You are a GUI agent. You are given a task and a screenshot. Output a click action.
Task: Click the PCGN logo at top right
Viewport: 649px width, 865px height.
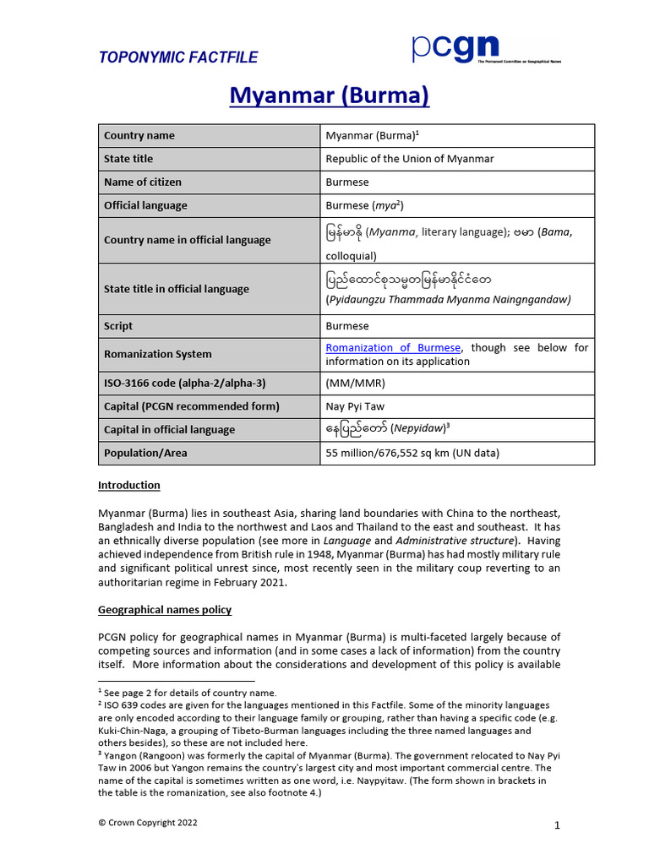tap(485, 49)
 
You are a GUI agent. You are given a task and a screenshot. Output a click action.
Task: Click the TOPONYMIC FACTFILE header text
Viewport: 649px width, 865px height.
tap(178, 57)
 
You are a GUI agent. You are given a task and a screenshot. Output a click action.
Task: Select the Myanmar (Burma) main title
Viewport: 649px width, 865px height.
tap(330, 96)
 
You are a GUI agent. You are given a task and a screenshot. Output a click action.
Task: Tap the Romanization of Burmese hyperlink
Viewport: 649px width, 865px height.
tap(393, 347)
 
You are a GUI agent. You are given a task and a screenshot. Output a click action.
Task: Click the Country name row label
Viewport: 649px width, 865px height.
tap(139, 136)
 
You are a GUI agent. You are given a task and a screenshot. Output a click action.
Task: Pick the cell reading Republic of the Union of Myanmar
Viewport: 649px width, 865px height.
tap(410, 159)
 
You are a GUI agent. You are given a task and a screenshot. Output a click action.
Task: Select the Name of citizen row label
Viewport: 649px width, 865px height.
tap(142, 182)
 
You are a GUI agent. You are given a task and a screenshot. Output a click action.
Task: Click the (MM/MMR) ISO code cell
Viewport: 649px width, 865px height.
tap(356, 383)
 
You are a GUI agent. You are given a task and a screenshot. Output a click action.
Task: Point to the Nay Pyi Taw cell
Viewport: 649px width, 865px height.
tap(355, 406)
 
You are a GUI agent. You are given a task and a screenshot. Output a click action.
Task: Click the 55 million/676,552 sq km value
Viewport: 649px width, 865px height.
tap(412, 453)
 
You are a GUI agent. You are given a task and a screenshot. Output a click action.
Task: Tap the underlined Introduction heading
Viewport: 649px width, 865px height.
tap(128, 485)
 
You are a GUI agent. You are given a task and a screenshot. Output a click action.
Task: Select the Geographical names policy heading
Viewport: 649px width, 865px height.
tap(165, 609)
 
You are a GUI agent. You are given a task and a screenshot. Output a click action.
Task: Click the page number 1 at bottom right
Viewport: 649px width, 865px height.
tap(557, 825)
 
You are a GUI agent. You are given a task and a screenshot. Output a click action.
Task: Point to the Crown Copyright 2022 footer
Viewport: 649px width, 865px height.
tap(148, 823)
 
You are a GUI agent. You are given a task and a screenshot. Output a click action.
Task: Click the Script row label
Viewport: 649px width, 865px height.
tap(118, 326)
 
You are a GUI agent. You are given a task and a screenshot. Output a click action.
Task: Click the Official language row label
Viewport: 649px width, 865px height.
tap(145, 205)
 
